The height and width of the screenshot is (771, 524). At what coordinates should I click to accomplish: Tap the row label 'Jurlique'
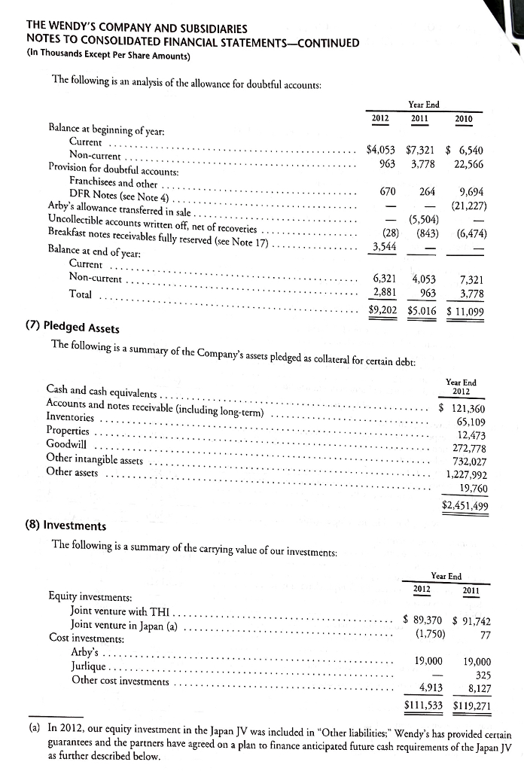point(89,667)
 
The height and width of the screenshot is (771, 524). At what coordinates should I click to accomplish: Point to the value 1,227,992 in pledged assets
point(467,475)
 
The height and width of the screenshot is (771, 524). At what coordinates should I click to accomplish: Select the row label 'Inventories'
point(71,417)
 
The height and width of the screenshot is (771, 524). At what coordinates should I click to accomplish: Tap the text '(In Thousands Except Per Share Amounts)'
point(108,56)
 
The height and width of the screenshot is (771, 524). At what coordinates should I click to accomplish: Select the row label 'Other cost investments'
point(119,681)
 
